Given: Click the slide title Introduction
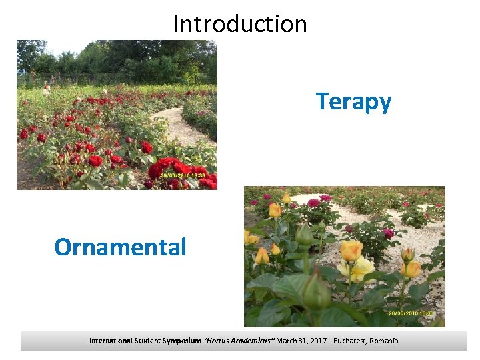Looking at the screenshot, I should point(240,24).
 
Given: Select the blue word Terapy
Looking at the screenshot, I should point(353,102).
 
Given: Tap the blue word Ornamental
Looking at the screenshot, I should point(120,247).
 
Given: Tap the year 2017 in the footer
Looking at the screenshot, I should point(311,341).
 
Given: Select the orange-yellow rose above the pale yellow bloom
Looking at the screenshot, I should point(351,250).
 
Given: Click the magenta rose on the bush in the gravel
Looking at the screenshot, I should point(388,233).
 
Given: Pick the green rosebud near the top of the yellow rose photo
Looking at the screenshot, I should point(304,235).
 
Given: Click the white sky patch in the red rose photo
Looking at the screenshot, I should point(63,47).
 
